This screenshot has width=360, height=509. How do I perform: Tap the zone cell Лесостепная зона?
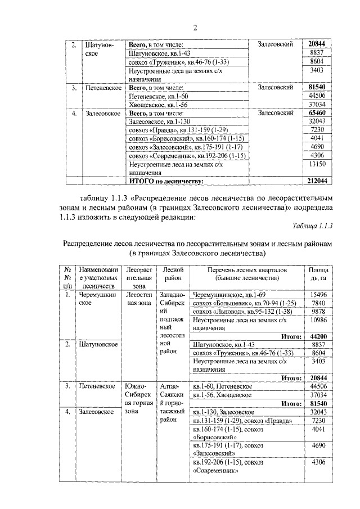tap(138, 298)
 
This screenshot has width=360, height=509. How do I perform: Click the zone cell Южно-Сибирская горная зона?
tap(138, 398)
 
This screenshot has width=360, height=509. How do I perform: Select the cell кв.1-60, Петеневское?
tap(222, 386)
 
